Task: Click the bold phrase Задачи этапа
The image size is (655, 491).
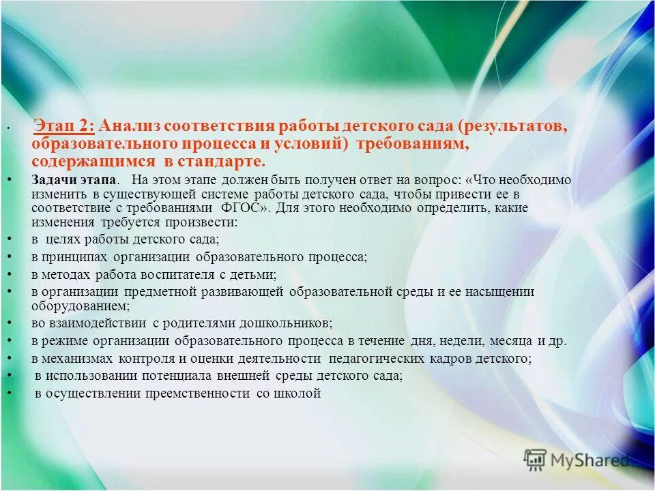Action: pyautogui.click(x=74, y=180)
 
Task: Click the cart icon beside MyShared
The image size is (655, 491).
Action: pyautogui.click(x=536, y=460)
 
